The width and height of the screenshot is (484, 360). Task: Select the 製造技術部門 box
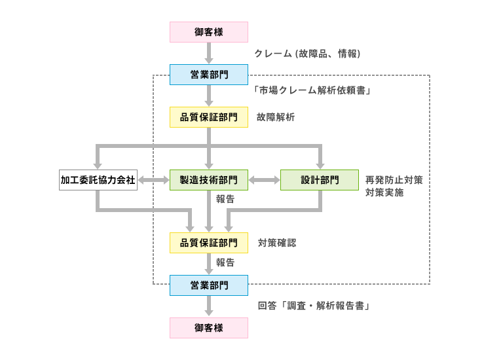click(x=209, y=180)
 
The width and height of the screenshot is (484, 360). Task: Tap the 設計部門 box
click(x=320, y=180)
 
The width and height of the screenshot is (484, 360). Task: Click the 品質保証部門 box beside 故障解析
click(x=209, y=117)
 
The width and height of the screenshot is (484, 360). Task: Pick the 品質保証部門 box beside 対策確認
click(x=209, y=243)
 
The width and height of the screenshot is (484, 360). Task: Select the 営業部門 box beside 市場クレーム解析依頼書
click(x=209, y=75)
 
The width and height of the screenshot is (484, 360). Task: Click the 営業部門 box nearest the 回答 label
click(x=209, y=285)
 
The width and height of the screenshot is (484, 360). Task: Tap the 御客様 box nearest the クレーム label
click(x=209, y=31)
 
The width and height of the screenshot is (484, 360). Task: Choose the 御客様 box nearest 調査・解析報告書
click(x=209, y=328)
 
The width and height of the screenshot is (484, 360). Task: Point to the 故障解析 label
click(x=276, y=117)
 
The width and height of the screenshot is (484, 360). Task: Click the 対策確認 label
click(x=276, y=243)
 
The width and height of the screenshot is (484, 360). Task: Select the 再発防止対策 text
click(x=394, y=180)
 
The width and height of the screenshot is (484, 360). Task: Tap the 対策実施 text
click(x=384, y=193)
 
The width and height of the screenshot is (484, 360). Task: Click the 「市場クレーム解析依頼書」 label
click(x=312, y=90)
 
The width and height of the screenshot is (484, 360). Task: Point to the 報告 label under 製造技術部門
click(x=225, y=199)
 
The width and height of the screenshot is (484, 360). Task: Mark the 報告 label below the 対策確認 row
click(x=225, y=262)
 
